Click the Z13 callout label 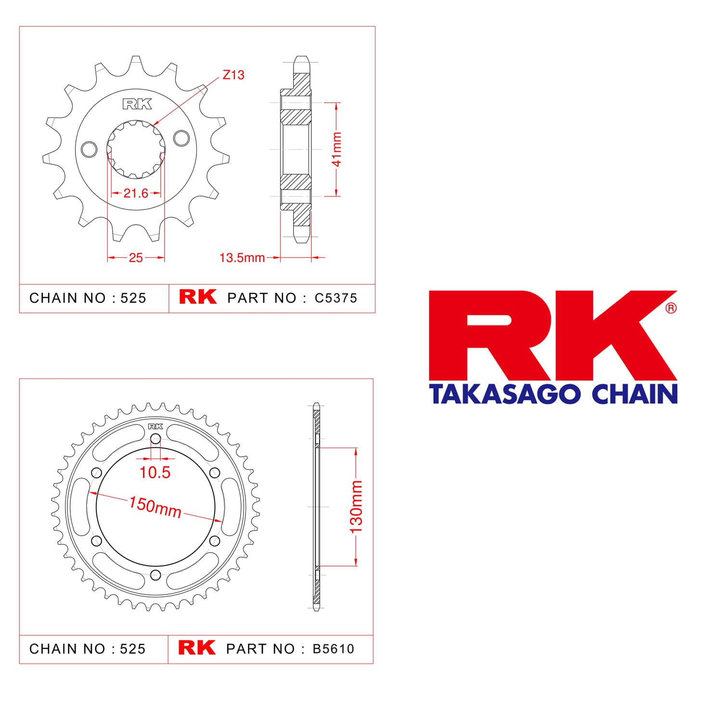tap(233, 75)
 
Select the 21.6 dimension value tap(136, 193)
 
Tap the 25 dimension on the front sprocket tap(136, 258)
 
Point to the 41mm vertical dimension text tap(337, 149)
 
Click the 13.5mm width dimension tap(242, 258)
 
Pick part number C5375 tap(336, 298)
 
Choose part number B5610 tap(334, 649)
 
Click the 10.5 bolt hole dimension tap(155, 473)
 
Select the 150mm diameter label tap(155, 507)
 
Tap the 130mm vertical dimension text tap(356, 507)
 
